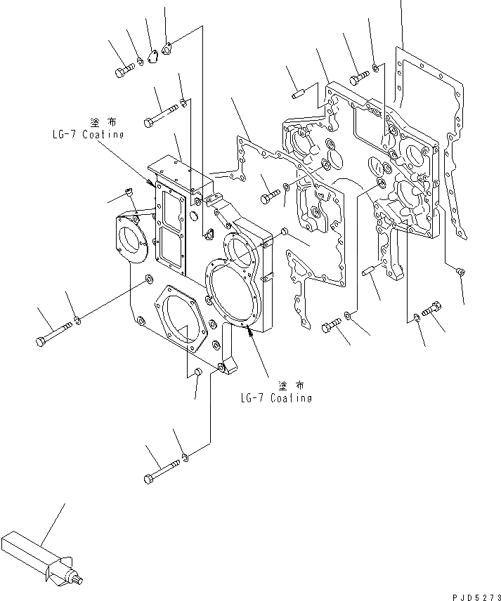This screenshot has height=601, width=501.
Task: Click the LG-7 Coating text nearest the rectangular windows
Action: [x=87, y=134]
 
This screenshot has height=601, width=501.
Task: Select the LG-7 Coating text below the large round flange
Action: [x=275, y=398]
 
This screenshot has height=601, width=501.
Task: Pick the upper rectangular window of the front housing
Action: [x=172, y=208]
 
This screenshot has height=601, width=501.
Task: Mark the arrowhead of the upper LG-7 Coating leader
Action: [x=150, y=183]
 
